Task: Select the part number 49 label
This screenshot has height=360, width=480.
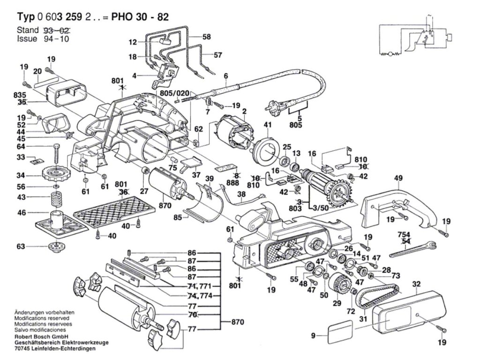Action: pyautogui.click(x=398, y=178)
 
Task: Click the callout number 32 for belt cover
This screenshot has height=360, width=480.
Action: pyautogui.click(x=416, y=284)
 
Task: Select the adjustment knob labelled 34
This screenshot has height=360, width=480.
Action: pyautogui.click(x=55, y=175)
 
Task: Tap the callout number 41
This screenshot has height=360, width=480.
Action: pyautogui.click(x=268, y=125)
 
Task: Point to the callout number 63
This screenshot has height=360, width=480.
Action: pyautogui.click(x=21, y=246)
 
